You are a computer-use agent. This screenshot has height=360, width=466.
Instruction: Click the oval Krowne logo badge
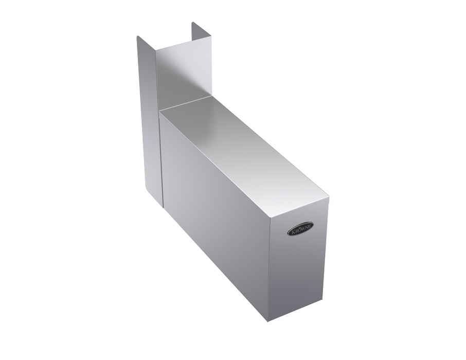300,229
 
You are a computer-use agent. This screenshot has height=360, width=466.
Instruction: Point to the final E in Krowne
310,226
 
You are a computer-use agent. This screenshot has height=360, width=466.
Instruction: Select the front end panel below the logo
296,262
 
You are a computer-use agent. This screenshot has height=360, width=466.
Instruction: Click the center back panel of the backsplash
184,71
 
